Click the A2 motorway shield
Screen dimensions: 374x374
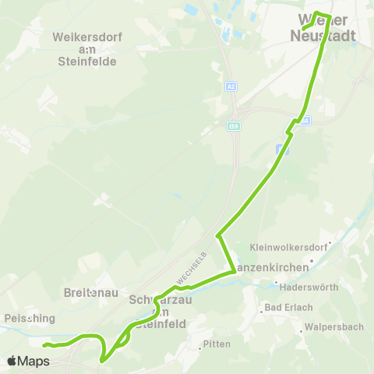point(232,88)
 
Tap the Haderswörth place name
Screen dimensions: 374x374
point(309,287)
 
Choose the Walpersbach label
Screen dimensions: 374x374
point(333,326)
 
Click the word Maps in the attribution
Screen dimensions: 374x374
point(34,361)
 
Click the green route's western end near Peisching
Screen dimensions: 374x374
point(44,344)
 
